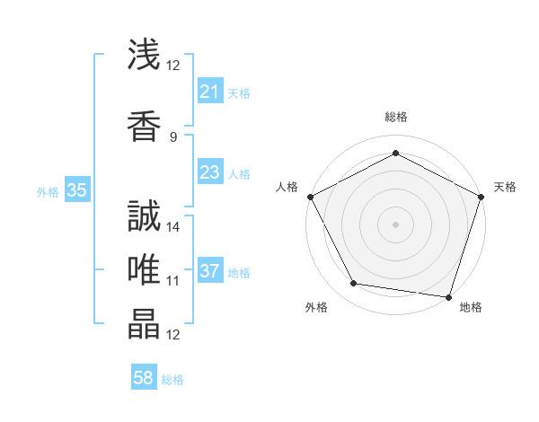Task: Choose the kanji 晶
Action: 144,324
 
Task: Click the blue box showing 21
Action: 209,92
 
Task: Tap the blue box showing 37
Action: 209,271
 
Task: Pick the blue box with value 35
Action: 77,190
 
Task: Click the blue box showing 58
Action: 144,379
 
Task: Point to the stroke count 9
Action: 173,136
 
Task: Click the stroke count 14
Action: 173,226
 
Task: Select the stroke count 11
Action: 173,281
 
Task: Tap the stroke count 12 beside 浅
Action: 173,65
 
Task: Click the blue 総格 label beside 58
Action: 172,380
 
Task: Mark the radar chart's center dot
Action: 395,224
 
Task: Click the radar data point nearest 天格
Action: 481,196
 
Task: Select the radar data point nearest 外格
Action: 354,284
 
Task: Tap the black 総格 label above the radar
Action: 395,117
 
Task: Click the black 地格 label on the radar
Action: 471,307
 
